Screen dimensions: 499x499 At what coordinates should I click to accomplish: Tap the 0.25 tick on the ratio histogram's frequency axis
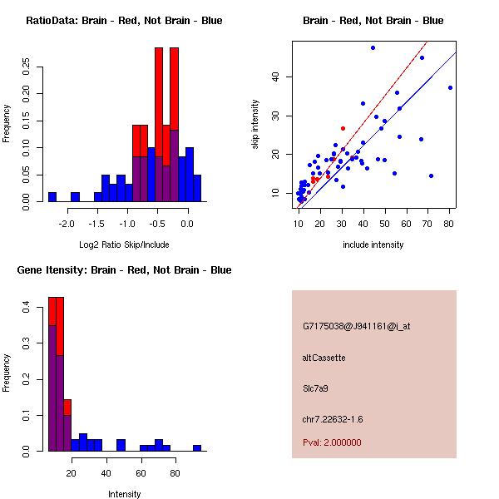(26, 67)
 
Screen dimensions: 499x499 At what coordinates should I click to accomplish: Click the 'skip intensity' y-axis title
(256, 125)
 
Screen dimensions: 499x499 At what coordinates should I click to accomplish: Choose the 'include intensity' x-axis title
(373, 245)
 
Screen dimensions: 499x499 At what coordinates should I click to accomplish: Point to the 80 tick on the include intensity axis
(449, 224)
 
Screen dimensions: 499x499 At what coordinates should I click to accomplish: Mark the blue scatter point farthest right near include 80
(450, 87)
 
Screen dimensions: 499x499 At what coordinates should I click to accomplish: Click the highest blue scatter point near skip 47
(373, 47)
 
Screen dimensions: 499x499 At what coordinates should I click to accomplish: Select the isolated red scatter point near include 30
(343, 128)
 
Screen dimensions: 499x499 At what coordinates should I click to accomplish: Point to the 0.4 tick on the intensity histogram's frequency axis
(26, 308)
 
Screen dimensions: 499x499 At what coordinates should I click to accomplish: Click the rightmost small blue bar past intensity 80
(197, 447)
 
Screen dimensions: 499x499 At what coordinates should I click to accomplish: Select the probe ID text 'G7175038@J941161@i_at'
(356, 326)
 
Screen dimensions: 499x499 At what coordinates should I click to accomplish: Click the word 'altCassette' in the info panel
(324, 358)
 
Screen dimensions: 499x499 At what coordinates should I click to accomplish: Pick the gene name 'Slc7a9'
(316, 388)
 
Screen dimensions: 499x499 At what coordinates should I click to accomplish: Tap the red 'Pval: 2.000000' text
(332, 442)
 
